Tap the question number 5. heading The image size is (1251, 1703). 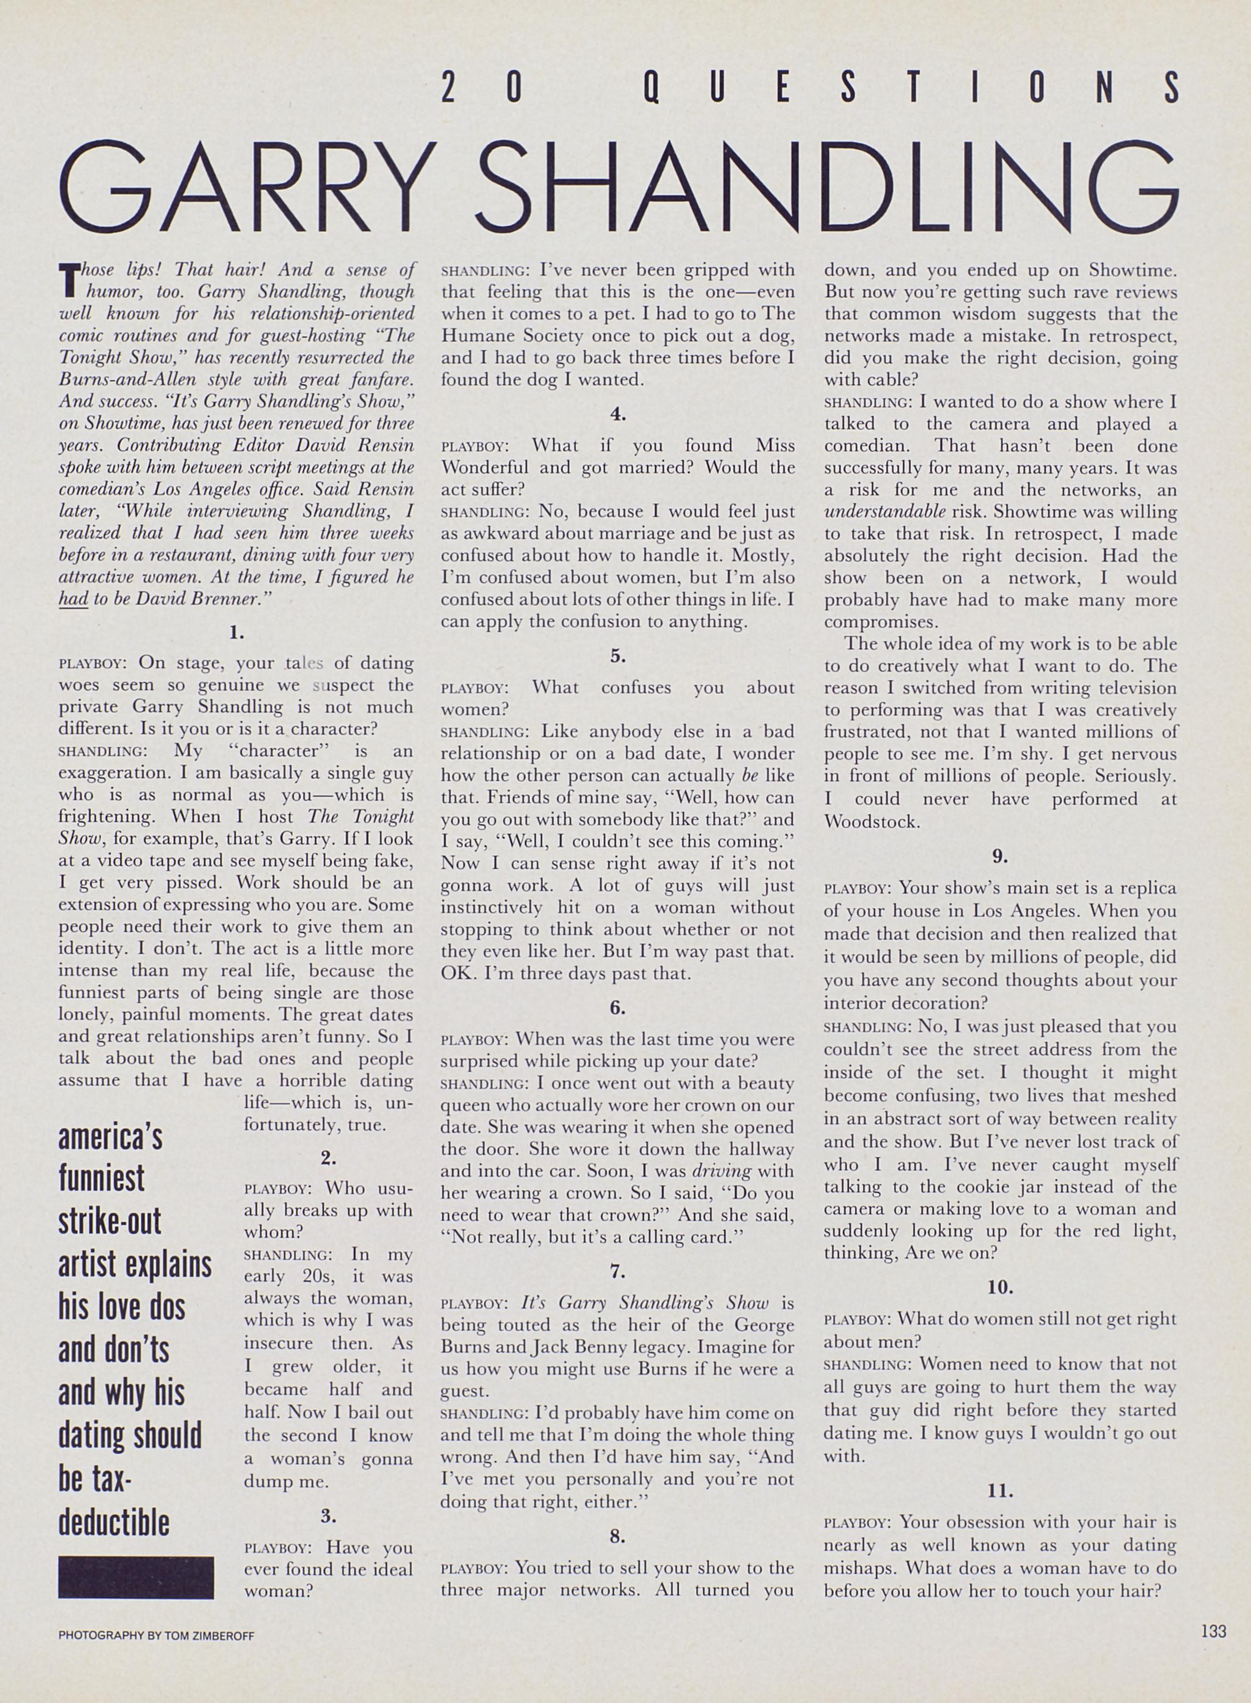click(618, 656)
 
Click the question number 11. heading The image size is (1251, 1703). click(1000, 1490)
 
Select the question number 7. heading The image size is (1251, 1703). click(618, 1271)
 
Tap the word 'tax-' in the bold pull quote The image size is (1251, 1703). click(95, 1480)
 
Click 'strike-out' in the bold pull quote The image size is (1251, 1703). click(110, 1222)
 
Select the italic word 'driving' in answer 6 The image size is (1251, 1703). click(722, 1170)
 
